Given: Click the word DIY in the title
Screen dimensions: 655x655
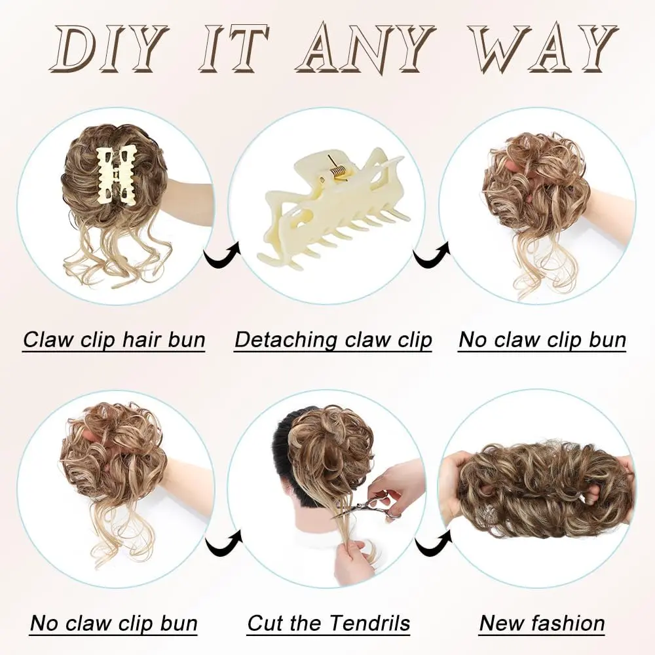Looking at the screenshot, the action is (109, 48).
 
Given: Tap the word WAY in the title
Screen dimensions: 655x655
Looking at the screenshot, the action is (542, 48).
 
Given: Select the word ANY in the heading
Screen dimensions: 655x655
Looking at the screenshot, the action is (364, 48).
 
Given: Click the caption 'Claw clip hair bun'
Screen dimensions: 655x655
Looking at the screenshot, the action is (114, 339).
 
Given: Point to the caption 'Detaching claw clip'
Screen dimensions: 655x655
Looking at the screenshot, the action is (333, 339).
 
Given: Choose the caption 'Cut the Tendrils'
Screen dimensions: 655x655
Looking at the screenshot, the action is (328, 624).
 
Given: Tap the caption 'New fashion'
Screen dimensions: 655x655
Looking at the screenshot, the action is (542, 624).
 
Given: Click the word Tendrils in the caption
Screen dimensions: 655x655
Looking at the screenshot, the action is (367, 624).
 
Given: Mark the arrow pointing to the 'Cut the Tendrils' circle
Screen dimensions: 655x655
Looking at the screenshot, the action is (224, 542).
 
